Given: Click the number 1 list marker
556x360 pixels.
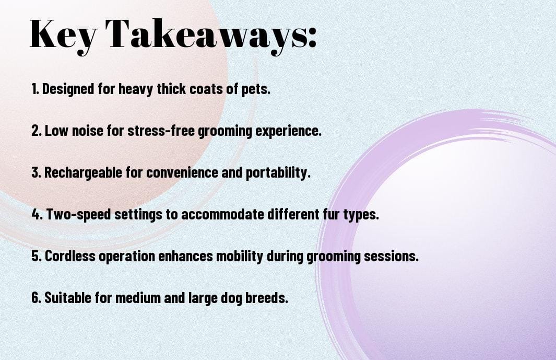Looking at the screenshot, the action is point(35,89).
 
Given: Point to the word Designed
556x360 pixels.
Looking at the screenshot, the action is point(68,89).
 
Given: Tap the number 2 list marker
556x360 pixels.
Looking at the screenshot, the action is point(36,131).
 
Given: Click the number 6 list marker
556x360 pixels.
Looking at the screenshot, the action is point(36,298).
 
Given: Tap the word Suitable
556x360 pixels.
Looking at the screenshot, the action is point(68,297).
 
